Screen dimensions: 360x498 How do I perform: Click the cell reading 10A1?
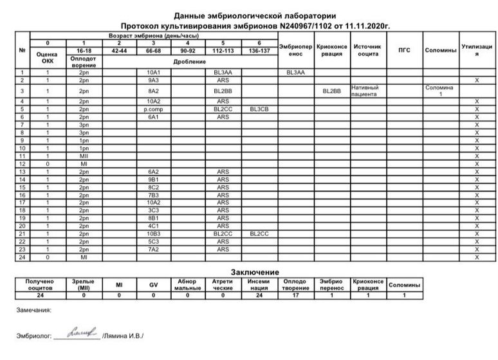pyautogui.click(x=153, y=73)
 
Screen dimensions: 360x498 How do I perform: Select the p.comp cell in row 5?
pyautogui.click(x=153, y=110)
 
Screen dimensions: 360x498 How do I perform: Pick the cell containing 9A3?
pyautogui.click(x=153, y=80)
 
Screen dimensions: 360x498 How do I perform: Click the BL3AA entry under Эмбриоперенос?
pyautogui.click(x=295, y=73)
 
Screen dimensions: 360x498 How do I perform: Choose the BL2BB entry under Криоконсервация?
pyautogui.click(x=332, y=91)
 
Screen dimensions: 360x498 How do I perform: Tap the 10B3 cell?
pyautogui.click(x=153, y=234)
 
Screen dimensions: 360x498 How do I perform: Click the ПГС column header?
pyautogui.click(x=404, y=50)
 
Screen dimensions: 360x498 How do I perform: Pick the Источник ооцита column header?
pyautogui.click(x=369, y=50)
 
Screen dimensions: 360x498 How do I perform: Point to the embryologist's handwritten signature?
pyautogui.click(x=76, y=332)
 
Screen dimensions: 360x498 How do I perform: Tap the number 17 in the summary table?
pyautogui.click(x=295, y=295)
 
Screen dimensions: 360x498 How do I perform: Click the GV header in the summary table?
pyautogui.click(x=153, y=285)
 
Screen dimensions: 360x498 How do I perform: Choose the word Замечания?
pyautogui.click(x=33, y=310)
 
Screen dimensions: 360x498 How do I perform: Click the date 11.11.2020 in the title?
pyautogui.click(x=369, y=26)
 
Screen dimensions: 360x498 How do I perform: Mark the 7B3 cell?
pyautogui.click(x=153, y=195)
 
